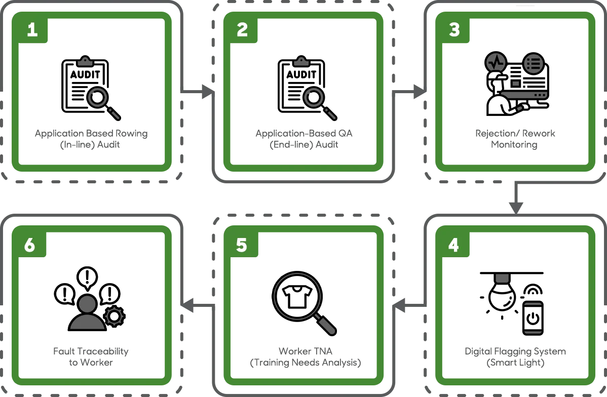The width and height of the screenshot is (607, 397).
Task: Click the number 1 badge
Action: tap(32, 29)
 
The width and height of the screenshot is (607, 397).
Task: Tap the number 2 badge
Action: tap(242, 29)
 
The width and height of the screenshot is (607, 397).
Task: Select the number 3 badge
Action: tap(454, 29)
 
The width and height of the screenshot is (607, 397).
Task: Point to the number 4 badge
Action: tap(453, 245)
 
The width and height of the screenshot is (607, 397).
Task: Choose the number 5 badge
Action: tap(242, 245)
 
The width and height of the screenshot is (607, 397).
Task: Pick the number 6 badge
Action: tap(30, 245)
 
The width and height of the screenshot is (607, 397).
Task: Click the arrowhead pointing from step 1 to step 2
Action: tap(208, 92)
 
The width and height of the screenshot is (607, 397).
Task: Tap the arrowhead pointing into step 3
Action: tap(420, 92)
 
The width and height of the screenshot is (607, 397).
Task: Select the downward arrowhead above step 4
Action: tap(516, 208)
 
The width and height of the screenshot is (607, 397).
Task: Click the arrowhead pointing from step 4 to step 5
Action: tap(399, 305)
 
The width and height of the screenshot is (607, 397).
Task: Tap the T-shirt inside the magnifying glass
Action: tap(297, 296)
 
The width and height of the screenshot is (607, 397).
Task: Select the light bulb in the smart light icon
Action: tap(502, 294)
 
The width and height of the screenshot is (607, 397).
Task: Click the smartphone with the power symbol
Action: tap(533, 317)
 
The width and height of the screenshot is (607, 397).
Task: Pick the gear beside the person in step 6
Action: tap(114, 316)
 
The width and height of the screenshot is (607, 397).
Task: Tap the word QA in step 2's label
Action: tap(346, 134)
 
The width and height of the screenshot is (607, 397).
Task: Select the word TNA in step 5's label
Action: tap(322, 351)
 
